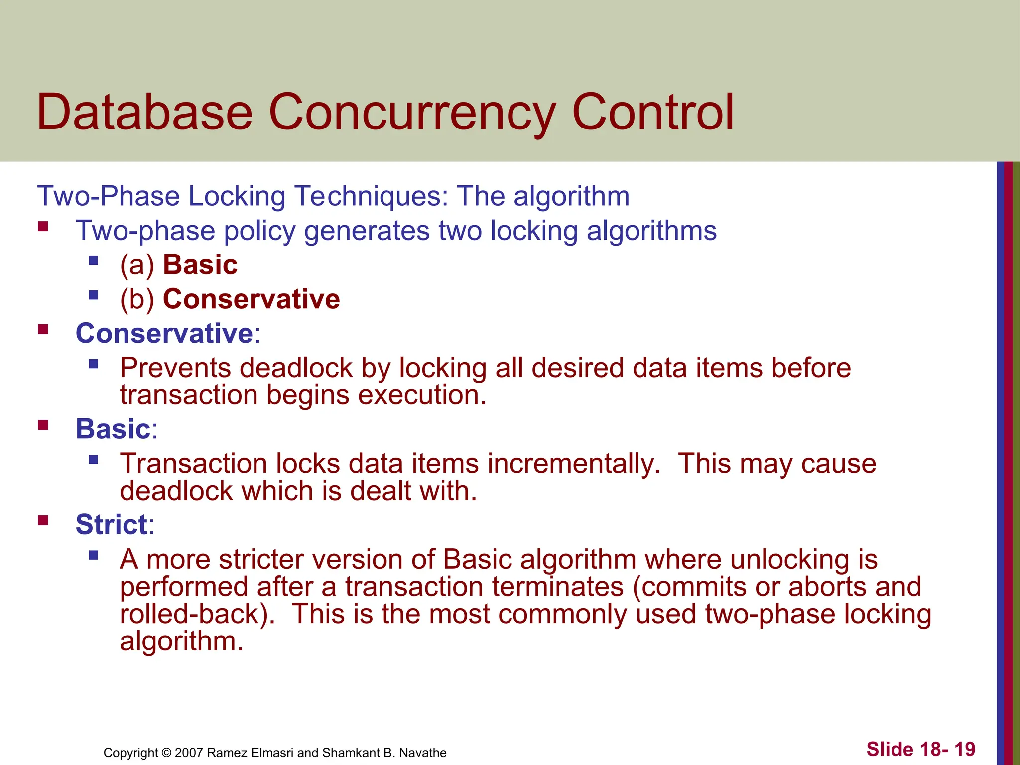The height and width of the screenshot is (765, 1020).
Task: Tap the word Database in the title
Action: click(144, 113)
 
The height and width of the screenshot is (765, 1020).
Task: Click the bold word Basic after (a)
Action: click(200, 265)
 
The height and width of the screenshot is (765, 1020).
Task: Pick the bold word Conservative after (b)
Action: click(252, 299)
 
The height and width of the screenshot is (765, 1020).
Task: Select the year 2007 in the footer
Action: click(189, 753)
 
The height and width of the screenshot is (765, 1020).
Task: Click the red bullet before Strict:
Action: click(43, 521)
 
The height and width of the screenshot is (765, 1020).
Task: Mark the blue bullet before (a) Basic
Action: click(93, 260)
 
